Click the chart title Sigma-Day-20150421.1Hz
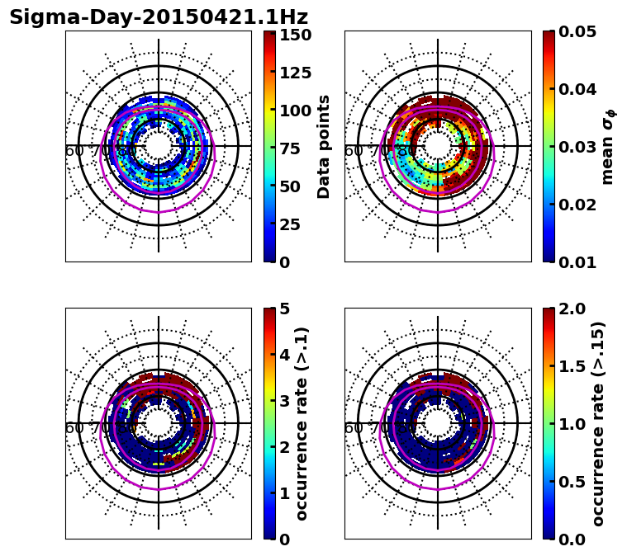[159, 17]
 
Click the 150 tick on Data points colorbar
[296, 35]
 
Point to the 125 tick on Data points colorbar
[296, 73]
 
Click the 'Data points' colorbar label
[324, 146]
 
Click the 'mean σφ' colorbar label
[607, 147]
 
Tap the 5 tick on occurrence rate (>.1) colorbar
[284, 309]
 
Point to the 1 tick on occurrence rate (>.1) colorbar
[284, 493]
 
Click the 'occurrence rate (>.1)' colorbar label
[302, 423]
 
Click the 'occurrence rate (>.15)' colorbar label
[598, 423]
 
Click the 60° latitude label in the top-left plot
[74, 151]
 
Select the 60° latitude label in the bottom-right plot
[354, 428]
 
